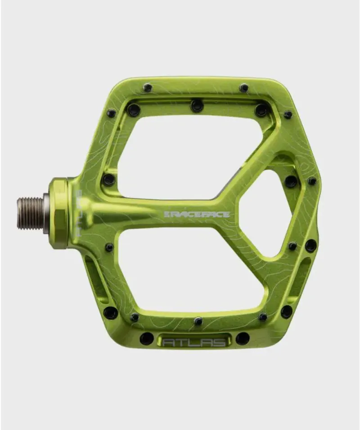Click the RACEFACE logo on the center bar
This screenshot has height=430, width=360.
pyautogui.click(x=197, y=215)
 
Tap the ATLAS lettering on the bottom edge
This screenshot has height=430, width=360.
pyautogui.click(x=194, y=342)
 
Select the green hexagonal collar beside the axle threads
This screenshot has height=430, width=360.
pyautogui.click(x=59, y=213)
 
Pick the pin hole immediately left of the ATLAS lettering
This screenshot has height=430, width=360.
pyautogui.click(x=146, y=338)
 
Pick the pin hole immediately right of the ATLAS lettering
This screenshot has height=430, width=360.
pyautogui.click(x=243, y=338)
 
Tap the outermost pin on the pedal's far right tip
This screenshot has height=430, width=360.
pyautogui.click(x=311, y=181)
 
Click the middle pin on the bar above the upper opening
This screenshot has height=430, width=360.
pyautogui.click(x=196, y=105)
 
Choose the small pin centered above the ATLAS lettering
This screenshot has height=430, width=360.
pyautogui.click(x=198, y=321)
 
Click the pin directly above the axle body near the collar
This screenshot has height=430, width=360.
pyautogui.click(x=108, y=179)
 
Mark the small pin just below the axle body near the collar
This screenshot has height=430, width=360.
pyautogui.click(x=109, y=247)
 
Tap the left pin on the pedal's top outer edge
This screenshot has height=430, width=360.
pyautogui.click(x=147, y=88)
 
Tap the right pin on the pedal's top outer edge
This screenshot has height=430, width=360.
pyautogui.click(x=244, y=88)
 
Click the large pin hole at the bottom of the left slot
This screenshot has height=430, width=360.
pyautogui.click(x=110, y=312)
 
